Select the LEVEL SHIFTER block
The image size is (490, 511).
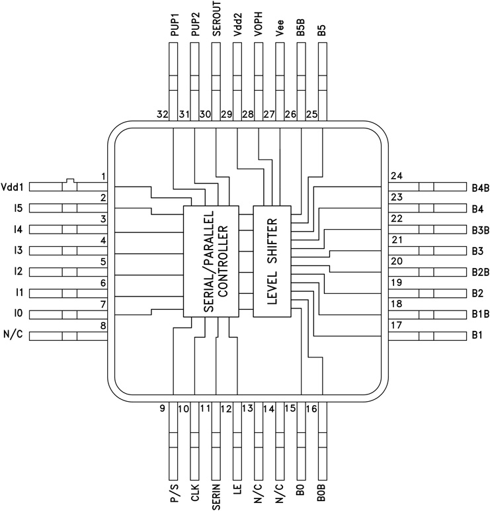click(x=272, y=261)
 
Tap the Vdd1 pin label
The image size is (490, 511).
click(x=13, y=187)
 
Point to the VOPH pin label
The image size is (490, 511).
click(x=259, y=24)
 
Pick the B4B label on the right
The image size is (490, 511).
click(x=479, y=187)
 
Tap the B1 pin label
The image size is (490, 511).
click(x=477, y=336)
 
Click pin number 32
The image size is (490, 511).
click(x=162, y=115)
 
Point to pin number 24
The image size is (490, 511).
click(x=397, y=176)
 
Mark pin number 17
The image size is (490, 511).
click(x=397, y=325)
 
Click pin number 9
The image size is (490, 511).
click(x=162, y=408)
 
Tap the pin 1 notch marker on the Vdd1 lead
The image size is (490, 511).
click(x=69, y=179)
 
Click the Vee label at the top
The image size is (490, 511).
click(x=280, y=26)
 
